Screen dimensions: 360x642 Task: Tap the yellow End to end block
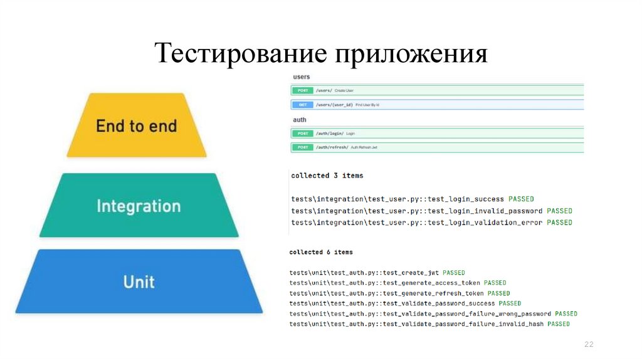136,125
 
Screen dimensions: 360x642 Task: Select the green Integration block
139,206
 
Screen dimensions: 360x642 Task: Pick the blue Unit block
139,282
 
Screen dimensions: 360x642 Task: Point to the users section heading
302,77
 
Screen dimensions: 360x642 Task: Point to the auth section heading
299,119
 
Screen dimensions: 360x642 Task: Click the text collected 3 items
327,176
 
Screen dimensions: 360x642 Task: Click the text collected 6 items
320,252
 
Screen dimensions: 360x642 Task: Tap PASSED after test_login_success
521,199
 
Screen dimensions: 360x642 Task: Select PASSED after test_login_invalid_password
559,211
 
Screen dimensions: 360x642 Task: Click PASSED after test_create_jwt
453,273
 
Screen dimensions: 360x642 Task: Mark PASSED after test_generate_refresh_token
498,293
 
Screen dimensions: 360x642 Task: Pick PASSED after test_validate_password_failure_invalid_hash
559,324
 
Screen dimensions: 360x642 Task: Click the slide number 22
589,344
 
